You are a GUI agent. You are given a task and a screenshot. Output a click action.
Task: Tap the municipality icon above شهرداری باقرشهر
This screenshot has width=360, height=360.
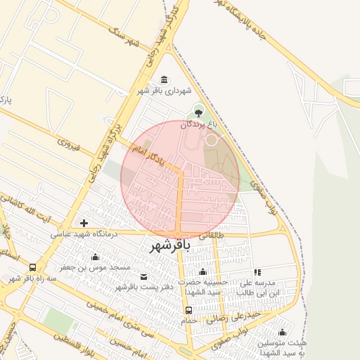click(165, 79)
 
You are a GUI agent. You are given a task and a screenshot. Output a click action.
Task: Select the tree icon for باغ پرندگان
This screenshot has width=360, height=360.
click(199, 112)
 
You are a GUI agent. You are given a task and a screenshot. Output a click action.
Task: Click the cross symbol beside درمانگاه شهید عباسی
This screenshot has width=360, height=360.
click(84, 223)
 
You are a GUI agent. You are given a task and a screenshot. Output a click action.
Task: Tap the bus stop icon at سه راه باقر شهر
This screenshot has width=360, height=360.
click(32, 267)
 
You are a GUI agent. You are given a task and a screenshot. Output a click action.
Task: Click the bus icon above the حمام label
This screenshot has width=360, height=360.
click(188, 310)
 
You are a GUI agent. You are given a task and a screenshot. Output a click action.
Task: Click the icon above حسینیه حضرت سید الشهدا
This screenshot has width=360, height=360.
click(203, 271)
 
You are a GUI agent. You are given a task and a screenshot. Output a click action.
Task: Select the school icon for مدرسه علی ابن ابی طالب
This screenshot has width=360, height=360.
click(257, 272)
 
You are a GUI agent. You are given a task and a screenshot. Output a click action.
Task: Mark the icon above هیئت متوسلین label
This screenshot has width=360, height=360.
click(282, 333)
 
